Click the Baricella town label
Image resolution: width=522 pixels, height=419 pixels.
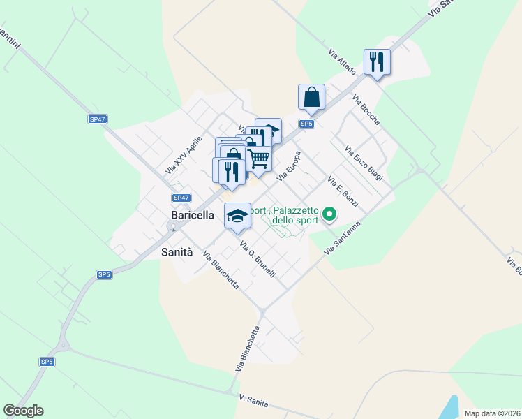click(193, 216)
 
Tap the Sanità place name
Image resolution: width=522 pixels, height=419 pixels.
click(177, 252)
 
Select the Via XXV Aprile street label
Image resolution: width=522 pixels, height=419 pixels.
click(184, 155)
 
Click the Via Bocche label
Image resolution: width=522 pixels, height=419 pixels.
click(366, 110)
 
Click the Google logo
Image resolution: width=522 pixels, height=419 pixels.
click(23, 411)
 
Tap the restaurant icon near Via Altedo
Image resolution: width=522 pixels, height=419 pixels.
click(377, 62)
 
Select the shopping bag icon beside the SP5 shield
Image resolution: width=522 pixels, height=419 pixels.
click(311, 97)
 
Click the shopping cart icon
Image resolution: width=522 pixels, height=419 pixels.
click(259, 159)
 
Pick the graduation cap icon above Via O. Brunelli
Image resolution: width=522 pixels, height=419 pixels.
click(237, 215)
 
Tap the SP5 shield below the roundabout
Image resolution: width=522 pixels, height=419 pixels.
click(47, 362)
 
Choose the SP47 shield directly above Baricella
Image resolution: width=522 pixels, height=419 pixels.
click(181, 198)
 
